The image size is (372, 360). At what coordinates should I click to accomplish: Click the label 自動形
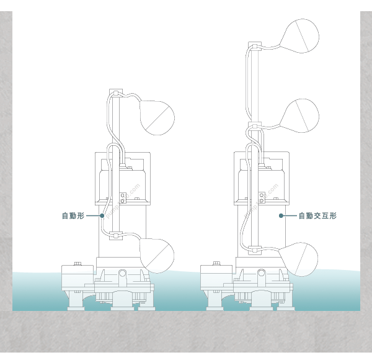[x=73, y=216]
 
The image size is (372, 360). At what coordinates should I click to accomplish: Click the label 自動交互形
[x=317, y=216]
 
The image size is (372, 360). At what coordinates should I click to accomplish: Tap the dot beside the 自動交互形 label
[x=281, y=216]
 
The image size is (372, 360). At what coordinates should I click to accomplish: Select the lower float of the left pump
[x=157, y=255]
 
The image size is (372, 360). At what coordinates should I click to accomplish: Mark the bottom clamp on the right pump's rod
[x=255, y=251]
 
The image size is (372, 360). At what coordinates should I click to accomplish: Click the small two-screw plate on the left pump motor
[x=123, y=198]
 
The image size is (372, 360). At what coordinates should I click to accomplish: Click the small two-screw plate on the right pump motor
[x=262, y=198]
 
